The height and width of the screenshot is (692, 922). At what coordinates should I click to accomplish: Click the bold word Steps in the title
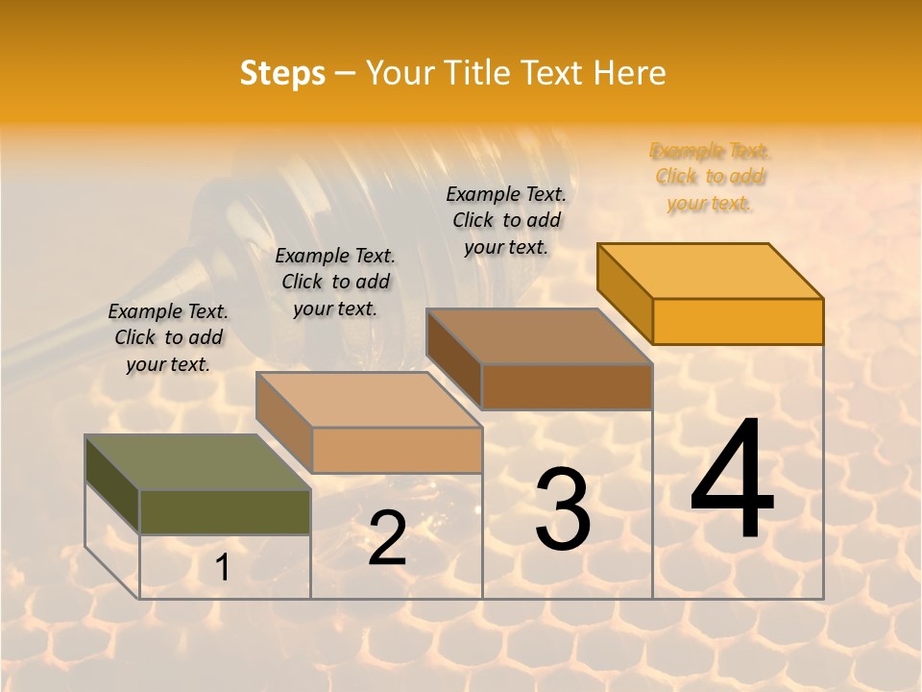click(282, 73)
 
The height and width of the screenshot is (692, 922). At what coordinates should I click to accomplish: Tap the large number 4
click(732, 480)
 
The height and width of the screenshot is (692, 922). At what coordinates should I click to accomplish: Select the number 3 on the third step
click(562, 510)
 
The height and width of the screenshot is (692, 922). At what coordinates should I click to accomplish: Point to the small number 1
click(223, 568)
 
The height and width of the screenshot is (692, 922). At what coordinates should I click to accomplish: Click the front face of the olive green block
click(226, 512)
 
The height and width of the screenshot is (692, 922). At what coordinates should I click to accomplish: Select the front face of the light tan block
click(397, 450)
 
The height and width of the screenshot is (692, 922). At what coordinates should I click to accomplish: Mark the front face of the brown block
click(567, 386)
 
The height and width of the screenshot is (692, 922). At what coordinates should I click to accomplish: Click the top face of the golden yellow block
click(710, 270)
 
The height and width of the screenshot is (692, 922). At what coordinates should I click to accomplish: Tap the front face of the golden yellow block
click(738, 321)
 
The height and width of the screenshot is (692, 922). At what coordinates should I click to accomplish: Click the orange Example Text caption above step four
click(710, 177)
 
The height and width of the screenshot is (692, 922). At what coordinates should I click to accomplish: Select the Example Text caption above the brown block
click(506, 220)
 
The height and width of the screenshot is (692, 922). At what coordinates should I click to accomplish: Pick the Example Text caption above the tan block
click(335, 282)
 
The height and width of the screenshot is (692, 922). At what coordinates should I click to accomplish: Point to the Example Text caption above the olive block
click(168, 337)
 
